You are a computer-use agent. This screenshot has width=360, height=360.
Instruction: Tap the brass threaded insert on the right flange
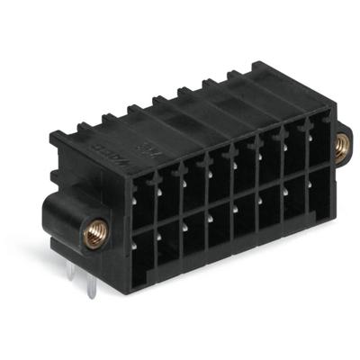342,145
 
